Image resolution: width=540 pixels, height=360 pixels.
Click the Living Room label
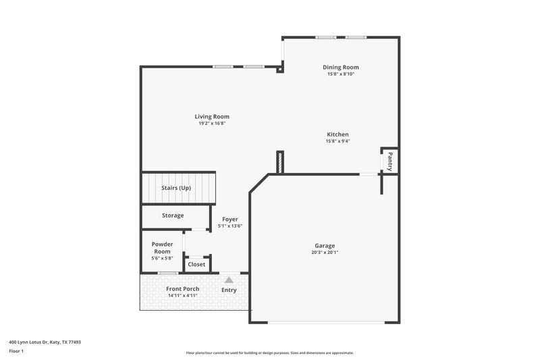coord(212,117)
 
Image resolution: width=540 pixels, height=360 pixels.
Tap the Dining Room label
coord(340,67)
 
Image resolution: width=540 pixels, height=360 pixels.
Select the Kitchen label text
coord(337,134)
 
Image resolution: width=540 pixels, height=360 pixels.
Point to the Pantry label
coord(389,161)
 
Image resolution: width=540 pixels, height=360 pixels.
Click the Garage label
coord(325,246)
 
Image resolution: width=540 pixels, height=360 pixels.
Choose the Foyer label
coord(230,219)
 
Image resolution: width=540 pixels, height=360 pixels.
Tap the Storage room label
coord(173,215)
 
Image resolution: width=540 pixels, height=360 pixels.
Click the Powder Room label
coord(162,247)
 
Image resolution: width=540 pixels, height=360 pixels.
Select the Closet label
coord(196,265)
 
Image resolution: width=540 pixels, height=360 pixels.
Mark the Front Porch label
coord(182,289)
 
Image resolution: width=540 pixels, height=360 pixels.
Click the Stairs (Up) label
coord(175,188)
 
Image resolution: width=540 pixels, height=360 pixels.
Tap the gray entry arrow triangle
coord(230,279)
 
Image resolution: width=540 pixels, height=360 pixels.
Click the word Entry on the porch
coord(230,290)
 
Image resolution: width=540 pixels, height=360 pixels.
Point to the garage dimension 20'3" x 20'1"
coord(325,253)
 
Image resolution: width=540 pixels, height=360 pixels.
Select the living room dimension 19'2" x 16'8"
coord(212,124)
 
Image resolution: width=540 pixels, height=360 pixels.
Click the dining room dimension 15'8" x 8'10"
coord(340,74)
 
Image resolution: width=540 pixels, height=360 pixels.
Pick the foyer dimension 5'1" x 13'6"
coord(230,226)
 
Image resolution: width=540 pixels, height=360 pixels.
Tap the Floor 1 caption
coord(16,352)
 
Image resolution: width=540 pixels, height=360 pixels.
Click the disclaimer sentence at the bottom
coord(269,353)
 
